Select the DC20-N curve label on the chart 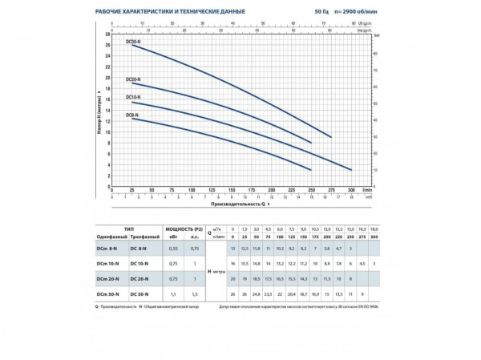[133, 79]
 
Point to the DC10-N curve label [133, 99]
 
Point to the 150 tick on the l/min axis [232, 190]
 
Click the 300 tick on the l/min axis [351, 190]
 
